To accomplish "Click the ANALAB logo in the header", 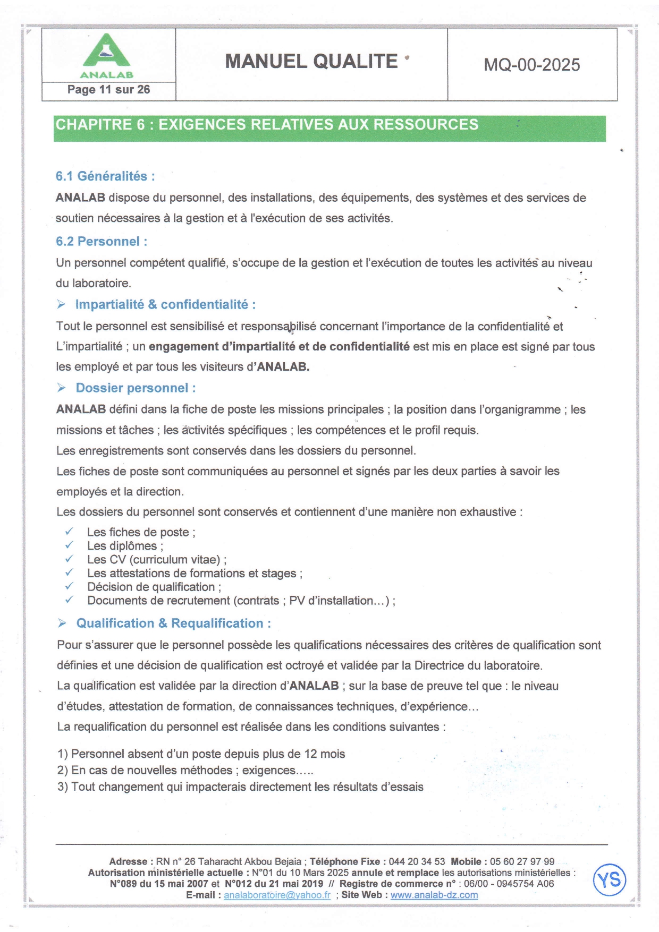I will coord(107,56).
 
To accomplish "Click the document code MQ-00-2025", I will coord(531,65).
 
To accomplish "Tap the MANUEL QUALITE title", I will coord(311,62).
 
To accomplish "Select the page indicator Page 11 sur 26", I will coord(108,90).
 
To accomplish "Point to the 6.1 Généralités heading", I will coord(105,176).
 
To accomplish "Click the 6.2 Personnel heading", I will coord(102,242).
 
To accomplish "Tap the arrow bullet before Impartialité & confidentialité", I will coord(62,304).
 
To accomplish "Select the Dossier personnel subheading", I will coord(136,388).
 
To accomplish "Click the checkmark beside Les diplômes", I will coord(69,545).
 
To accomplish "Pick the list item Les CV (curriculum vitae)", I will coord(157,560).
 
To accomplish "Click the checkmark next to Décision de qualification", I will coord(69,586).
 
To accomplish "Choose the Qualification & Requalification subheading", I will coord(173,623).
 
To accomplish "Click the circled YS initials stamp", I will coord(609,880).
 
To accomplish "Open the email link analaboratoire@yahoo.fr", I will coord(277,895).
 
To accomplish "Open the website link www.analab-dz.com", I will coord(434,895).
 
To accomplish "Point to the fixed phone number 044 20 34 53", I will coord(417,862).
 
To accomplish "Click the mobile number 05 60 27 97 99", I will coord(522,862).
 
